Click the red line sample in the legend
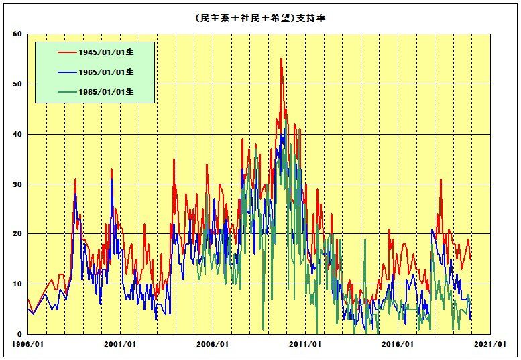[x=68, y=51]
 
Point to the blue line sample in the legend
[x=68, y=72]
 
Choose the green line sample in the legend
[x=68, y=93]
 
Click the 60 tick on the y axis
[x=18, y=34]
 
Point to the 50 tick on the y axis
[x=18, y=84]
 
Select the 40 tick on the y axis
[x=18, y=134]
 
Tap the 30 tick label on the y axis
[x=18, y=184]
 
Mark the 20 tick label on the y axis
[x=18, y=234]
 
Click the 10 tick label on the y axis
[x=18, y=284]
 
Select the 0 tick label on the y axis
[x=20, y=334]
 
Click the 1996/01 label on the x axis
[x=28, y=345]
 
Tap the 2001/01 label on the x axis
[x=121, y=345]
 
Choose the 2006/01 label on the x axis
[x=214, y=345]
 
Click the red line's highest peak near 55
[x=281, y=59]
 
